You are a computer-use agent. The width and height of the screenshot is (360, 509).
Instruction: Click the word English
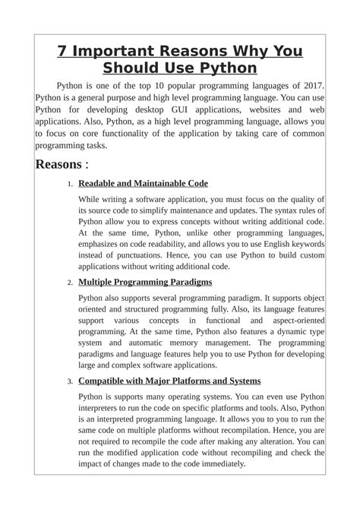[276, 245]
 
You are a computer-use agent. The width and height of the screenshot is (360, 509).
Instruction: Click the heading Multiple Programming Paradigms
[145, 282]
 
